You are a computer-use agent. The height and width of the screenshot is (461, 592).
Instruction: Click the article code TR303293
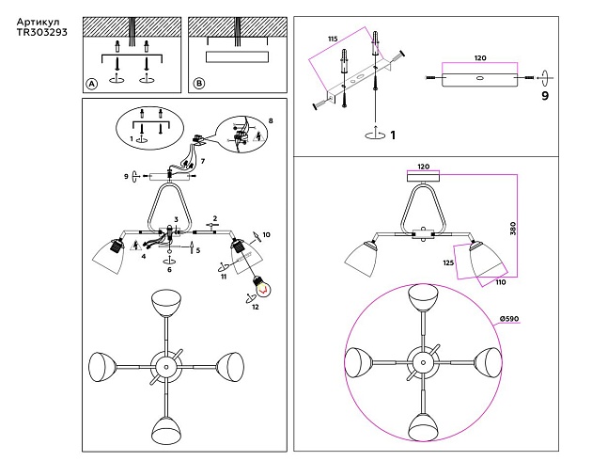pyautogui.click(x=42, y=31)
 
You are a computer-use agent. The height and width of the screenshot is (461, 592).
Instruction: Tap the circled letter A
pyautogui.click(x=92, y=84)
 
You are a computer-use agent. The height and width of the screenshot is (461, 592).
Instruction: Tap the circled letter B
pyautogui.click(x=198, y=84)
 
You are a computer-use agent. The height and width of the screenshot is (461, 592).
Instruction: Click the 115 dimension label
pyautogui.click(x=332, y=38)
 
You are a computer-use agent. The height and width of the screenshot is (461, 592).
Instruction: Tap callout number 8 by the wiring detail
pyautogui.click(x=271, y=121)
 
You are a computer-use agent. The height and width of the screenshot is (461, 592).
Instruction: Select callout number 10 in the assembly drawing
pyautogui.click(x=267, y=234)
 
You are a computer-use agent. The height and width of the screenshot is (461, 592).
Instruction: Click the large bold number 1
pyautogui.click(x=393, y=135)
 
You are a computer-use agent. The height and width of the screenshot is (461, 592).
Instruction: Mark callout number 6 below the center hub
pyautogui.click(x=169, y=270)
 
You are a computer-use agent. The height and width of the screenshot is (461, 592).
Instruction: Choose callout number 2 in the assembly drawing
pyautogui.click(x=214, y=218)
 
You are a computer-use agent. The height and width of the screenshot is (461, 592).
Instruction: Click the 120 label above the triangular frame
pyautogui.click(x=422, y=166)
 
